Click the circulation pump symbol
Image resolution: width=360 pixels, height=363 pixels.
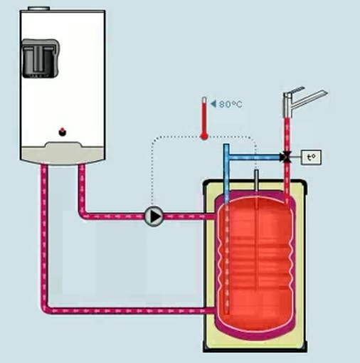(154, 216)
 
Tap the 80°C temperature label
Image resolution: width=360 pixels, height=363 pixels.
(231, 104)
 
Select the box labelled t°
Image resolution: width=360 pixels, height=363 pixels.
(312, 157)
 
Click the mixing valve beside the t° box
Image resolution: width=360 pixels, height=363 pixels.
(287, 157)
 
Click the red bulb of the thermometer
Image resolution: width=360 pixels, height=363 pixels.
(203, 137)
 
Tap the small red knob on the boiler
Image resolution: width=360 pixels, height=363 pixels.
(63, 132)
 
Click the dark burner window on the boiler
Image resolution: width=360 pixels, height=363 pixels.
(41, 58)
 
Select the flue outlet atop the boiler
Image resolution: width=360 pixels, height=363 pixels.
(39, 9)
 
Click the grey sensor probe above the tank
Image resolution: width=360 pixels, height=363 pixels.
(256, 180)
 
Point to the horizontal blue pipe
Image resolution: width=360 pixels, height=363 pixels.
(255, 157)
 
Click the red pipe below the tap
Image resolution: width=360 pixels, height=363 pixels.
(287, 135)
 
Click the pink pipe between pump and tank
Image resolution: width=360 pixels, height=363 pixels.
(189, 216)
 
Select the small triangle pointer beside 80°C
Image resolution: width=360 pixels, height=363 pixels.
(213, 104)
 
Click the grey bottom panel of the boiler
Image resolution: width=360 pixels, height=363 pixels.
(63, 153)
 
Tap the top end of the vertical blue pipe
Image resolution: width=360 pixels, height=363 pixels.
(226, 144)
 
